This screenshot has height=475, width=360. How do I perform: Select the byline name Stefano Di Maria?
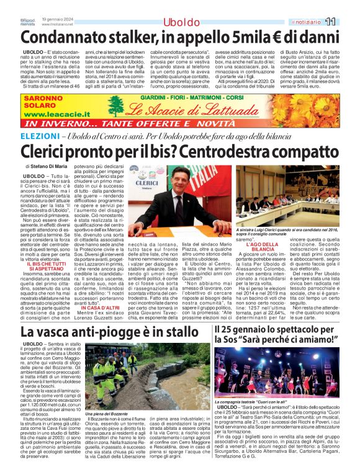point(53,167)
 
